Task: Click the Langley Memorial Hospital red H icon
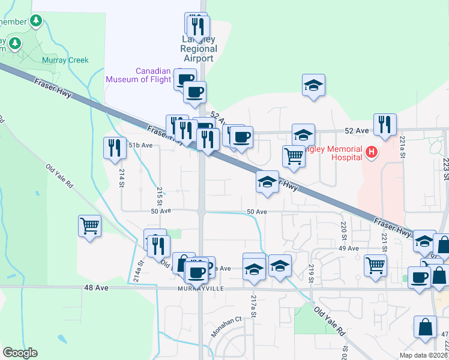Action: [372, 153]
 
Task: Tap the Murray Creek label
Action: [65, 60]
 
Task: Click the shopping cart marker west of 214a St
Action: [89, 226]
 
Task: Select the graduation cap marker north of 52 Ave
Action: [313, 86]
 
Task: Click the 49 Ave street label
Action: [348, 248]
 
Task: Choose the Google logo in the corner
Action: [20, 353]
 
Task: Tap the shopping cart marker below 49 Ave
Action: [375, 265]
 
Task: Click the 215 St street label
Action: [160, 195]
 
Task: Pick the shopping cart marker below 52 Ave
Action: [294, 156]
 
